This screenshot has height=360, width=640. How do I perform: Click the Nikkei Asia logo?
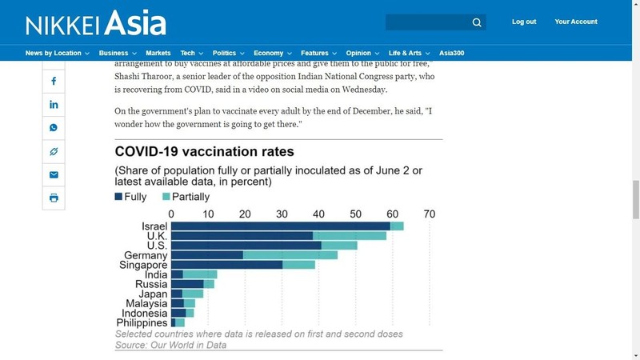[95, 22]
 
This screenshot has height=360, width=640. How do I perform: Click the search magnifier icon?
[477, 22]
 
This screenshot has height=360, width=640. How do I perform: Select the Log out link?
[524, 22]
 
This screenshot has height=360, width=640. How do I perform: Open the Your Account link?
[576, 22]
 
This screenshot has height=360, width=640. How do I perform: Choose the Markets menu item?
[158, 53]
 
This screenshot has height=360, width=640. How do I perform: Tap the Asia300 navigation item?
[451, 53]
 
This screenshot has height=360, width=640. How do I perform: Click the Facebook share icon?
[54, 82]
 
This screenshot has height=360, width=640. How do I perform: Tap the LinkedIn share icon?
[54, 105]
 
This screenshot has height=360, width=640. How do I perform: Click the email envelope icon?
[54, 174]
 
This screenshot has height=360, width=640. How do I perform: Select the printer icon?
[54, 198]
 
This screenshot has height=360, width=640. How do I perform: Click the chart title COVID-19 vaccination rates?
[204, 151]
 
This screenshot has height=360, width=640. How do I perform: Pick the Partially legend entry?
[185, 197]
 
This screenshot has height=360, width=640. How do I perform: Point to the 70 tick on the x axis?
[429, 214]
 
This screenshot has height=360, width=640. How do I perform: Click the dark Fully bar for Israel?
[280, 226]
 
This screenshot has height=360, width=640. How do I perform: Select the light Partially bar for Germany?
[290, 255]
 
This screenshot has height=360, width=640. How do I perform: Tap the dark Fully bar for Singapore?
[226, 265]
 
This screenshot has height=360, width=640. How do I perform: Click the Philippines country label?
[142, 322]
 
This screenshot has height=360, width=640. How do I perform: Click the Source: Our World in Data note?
[170, 345]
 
